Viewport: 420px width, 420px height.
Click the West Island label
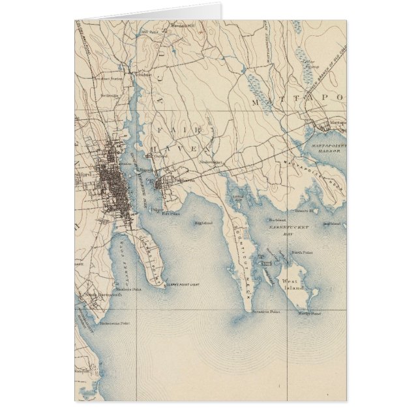pos(293,281)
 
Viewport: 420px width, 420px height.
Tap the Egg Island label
pos(203,223)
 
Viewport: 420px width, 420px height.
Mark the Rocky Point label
pos(308,314)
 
